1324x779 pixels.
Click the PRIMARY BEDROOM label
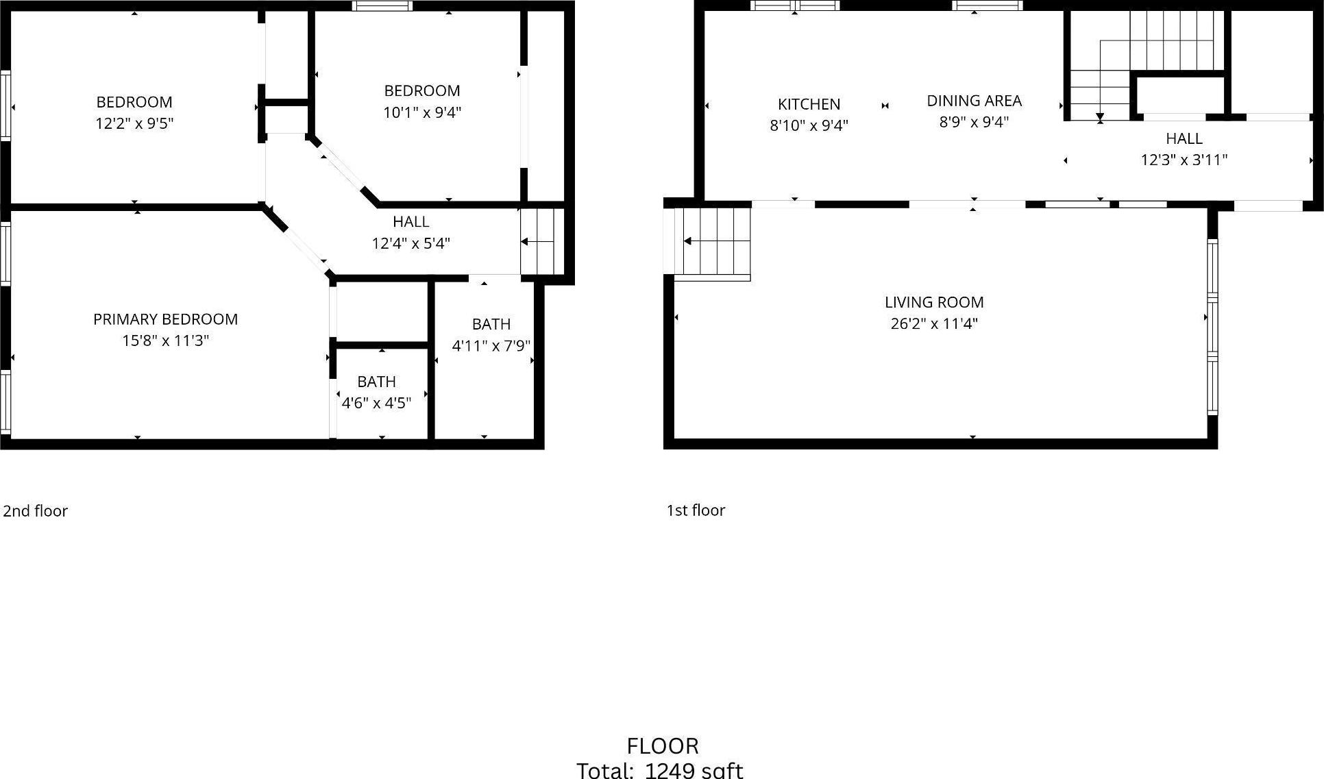click(165, 319)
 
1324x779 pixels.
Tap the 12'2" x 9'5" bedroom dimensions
click(134, 124)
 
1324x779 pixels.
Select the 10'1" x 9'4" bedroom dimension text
click(421, 112)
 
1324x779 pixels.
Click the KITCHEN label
click(809, 104)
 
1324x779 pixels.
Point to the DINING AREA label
click(974, 101)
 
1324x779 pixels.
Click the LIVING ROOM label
click(933, 302)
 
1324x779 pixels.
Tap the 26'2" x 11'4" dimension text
click(933, 323)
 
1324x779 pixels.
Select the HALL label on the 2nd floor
click(410, 222)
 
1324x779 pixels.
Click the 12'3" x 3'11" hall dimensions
click(1184, 160)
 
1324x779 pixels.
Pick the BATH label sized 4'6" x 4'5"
click(376, 382)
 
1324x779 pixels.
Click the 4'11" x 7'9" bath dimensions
click(491, 346)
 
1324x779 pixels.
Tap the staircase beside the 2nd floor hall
click(541, 241)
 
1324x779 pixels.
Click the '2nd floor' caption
click(36, 511)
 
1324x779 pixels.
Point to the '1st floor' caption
click(696, 510)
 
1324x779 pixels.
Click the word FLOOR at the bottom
click(662, 746)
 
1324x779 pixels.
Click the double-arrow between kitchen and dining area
click(885, 106)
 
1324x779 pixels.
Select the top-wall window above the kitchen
click(794, 6)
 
